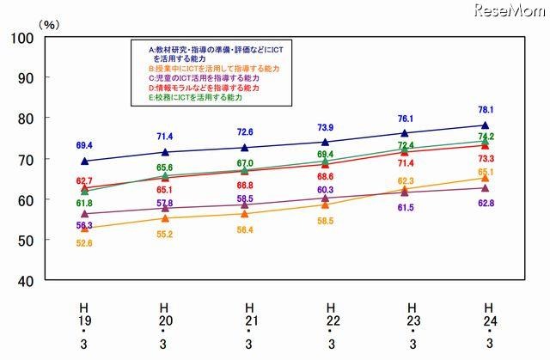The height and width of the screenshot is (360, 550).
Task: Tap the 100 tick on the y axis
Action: (21, 38)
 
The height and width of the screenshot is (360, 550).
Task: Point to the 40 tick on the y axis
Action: (24, 281)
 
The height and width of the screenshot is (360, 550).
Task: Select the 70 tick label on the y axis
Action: (24, 159)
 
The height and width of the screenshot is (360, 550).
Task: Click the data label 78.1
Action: (486, 110)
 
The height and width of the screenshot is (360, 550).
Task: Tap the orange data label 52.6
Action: (83, 244)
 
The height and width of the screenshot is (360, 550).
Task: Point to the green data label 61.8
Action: (83, 203)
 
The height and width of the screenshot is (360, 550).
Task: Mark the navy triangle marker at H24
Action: (486, 125)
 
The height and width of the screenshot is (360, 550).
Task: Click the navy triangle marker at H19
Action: (84, 161)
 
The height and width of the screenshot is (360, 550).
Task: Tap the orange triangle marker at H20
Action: (164, 218)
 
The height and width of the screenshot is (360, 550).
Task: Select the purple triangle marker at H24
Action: (486, 187)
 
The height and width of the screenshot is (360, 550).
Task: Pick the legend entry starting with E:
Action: (197, 98)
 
